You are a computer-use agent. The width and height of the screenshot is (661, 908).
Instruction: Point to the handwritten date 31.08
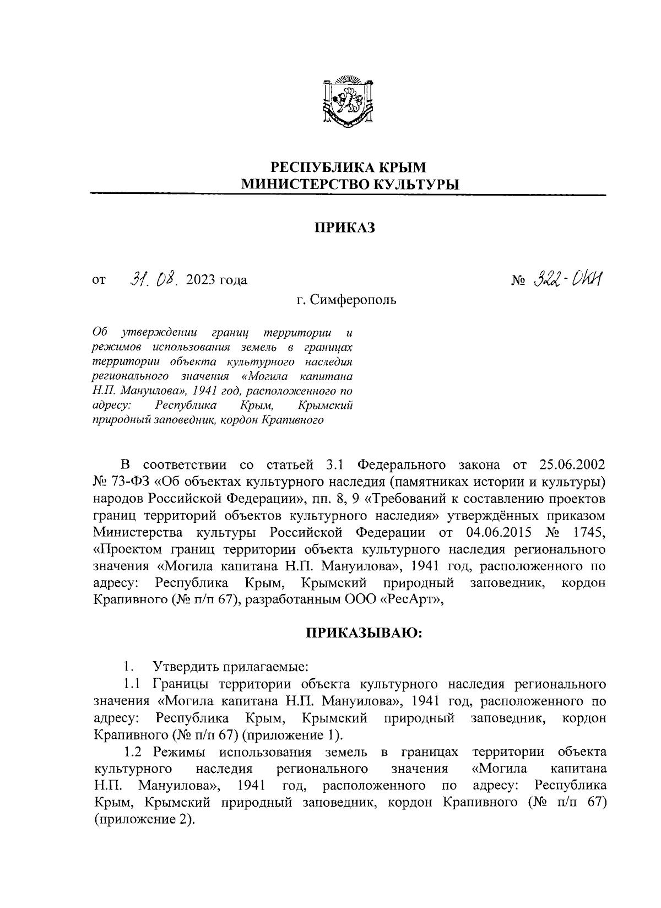click(152, 279)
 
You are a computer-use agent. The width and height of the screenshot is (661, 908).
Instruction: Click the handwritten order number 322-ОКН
click(567, 279)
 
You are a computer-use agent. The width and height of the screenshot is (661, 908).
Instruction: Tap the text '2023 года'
click(216, 280)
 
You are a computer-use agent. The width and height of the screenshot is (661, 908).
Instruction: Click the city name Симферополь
click(353, 300)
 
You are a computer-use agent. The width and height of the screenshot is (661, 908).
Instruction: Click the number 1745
click(588, 533)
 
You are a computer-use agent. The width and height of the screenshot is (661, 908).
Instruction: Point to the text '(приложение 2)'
click(145, 819)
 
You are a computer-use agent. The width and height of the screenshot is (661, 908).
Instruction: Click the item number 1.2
click(134, 752)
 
